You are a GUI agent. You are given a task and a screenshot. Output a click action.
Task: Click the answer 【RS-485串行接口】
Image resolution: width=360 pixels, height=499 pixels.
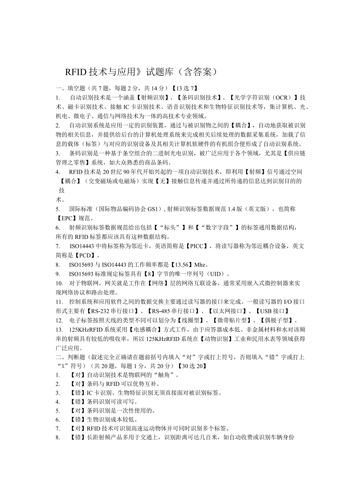174,311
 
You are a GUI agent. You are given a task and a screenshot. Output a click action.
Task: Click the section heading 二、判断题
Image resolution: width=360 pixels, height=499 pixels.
71,357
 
